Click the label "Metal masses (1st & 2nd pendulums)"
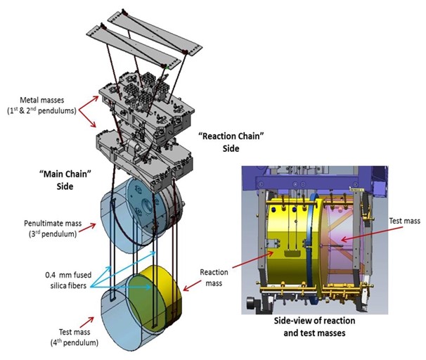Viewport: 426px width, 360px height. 42,105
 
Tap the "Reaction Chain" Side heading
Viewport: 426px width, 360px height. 231,142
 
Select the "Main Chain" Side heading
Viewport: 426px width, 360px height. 65,180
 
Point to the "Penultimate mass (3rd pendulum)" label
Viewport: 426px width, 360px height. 53,229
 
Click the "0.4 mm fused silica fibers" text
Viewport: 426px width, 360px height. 68,280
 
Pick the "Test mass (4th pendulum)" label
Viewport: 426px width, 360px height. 75,337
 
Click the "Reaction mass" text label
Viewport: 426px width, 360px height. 214,278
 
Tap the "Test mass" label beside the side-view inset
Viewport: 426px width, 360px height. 404,221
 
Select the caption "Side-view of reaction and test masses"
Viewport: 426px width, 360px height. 315,326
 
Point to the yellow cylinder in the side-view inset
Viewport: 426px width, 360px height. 292,245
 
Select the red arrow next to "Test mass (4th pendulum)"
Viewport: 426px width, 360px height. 86,322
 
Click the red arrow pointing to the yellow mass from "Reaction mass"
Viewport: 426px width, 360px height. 192,286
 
